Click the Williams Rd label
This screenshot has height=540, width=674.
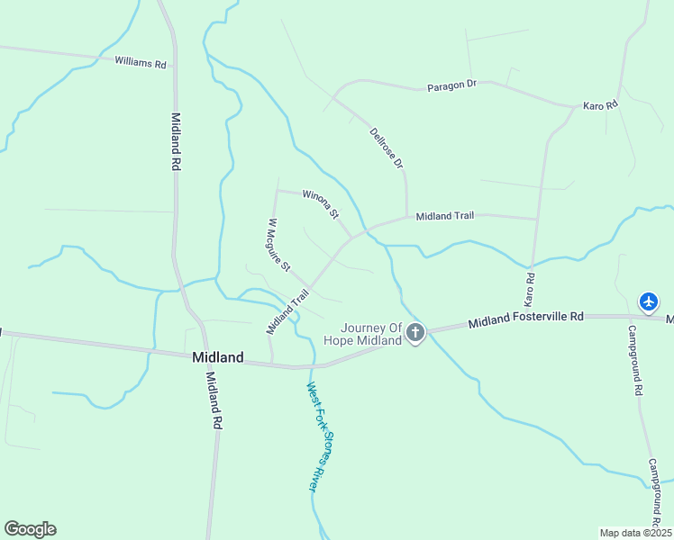[141, 64]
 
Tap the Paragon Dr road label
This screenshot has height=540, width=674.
[451, 85]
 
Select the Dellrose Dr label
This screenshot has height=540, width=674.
[387, 148]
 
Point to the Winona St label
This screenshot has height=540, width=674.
[320, 203]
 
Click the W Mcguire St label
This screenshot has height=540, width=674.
[279, 245]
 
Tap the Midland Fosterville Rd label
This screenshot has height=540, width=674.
[526, 319]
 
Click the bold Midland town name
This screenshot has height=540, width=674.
[218, 357]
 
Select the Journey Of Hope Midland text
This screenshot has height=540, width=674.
[370, 334]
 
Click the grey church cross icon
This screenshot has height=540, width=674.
[415, 334]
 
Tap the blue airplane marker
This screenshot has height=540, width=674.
[649, 301]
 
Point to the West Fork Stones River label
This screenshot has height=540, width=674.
[312, 436]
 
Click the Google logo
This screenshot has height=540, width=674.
[30, 529]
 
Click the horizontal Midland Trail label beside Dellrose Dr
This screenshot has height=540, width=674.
[444, 216]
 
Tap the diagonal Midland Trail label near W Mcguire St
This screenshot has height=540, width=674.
[287, 310]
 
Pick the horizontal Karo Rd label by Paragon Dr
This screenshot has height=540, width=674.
[600, 106]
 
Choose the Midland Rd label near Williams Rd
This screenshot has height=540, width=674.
[177, 142]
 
